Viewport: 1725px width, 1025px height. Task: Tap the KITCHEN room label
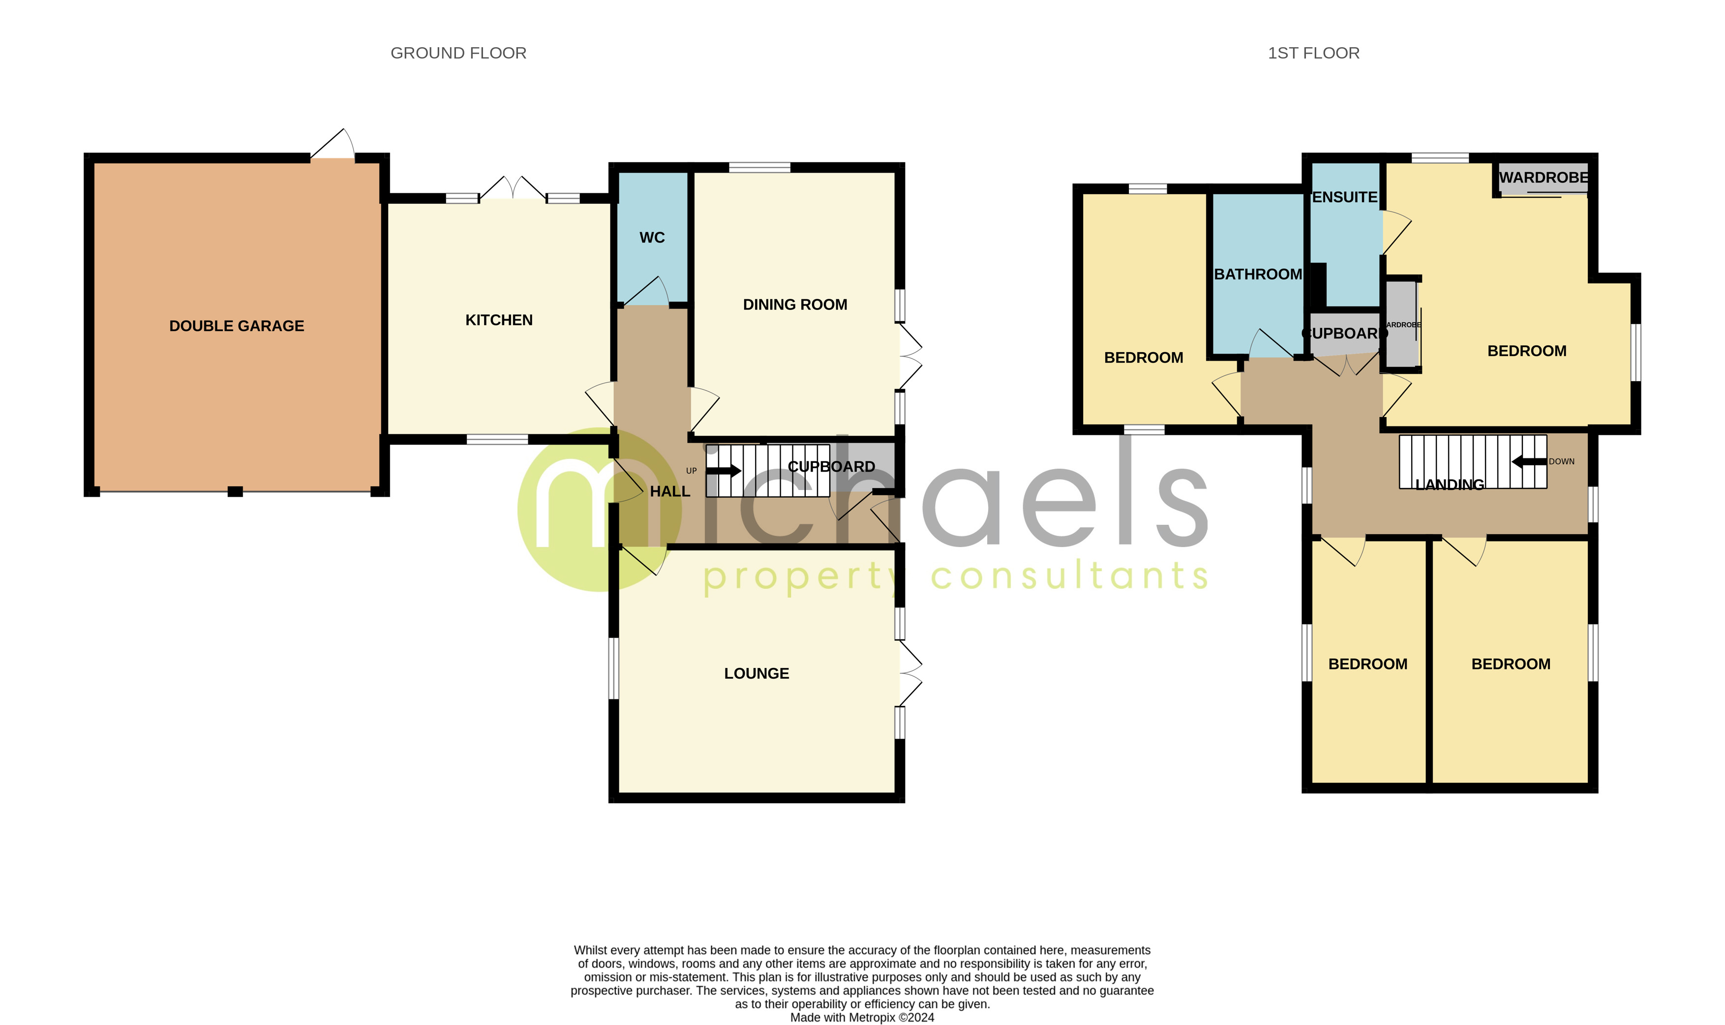tap(499, 320)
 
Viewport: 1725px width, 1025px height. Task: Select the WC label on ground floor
tap(652, 238)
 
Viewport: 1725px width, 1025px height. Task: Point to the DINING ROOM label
tap(795, 304)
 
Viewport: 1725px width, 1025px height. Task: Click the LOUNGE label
tap(756, 673)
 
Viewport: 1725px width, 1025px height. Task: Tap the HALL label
tap(670, 491)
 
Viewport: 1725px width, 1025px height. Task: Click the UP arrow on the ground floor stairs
tap(724, 471)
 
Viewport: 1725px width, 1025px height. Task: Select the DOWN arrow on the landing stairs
tap(1528, 461)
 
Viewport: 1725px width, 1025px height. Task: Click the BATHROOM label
tap(1258, 274)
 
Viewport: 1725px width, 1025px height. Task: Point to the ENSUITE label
tap(1344, 198)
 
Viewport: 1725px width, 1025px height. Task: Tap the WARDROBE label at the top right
tap(1543, 178)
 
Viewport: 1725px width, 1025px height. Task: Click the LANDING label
tap(1450, 485)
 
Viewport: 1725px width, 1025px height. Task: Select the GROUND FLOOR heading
tap(458, 53)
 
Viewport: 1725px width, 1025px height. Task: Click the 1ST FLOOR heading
tap(1313, 53)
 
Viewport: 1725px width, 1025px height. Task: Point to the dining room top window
tap(759, 167)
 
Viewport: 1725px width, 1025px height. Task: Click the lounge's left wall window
tap(613, 668)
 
